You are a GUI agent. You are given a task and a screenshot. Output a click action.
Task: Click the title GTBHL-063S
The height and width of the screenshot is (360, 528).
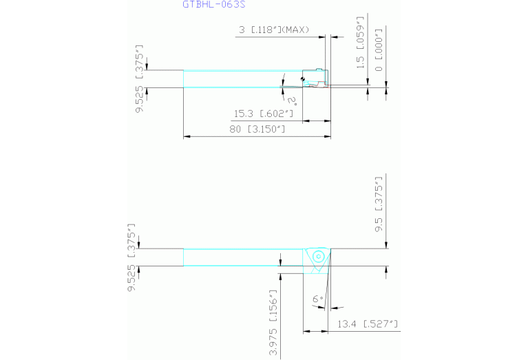214,4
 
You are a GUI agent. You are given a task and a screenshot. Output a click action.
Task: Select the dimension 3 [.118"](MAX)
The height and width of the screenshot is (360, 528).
274,30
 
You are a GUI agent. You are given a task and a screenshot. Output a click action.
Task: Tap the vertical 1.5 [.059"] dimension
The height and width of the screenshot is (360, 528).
360,42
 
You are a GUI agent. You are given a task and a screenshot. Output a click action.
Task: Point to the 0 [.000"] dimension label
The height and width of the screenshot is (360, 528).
379,50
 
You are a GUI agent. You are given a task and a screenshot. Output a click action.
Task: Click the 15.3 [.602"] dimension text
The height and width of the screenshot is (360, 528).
264,114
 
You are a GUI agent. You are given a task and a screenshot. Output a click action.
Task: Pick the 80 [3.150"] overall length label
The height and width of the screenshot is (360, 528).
257,129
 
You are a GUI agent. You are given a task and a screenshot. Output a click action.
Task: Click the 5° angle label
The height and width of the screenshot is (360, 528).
292,100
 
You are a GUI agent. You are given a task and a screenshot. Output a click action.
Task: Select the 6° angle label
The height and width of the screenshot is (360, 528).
318,299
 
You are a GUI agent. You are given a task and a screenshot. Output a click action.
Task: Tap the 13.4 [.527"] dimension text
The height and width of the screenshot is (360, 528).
368,324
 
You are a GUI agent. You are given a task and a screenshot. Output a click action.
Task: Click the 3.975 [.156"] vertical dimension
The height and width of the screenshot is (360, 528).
273,323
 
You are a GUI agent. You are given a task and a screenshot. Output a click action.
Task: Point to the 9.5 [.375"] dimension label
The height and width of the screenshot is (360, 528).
379,204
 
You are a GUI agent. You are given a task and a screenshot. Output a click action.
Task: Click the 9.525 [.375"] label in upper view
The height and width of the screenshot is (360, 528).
139,78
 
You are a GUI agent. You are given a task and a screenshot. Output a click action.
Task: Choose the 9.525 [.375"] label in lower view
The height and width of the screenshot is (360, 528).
131,257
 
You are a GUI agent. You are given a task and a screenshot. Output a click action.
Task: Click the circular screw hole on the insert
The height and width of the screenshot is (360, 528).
318,257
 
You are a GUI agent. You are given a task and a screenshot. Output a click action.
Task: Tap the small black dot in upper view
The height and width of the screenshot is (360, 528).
302,78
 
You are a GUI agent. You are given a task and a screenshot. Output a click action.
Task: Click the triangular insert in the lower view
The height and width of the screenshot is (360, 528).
317,260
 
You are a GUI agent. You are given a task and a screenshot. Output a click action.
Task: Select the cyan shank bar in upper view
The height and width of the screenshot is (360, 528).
243,78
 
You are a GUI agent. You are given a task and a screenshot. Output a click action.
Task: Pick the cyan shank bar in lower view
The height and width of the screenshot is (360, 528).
243,257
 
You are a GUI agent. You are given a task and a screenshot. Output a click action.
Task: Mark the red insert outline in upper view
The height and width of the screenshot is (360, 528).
317,85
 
